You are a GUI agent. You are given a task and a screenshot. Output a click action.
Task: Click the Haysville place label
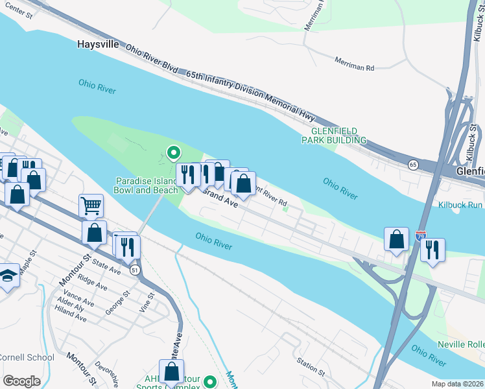(98, 45)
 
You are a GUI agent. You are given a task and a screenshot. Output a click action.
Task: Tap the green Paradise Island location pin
(173, 153)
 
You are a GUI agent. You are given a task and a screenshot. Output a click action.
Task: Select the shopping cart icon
(91, 206)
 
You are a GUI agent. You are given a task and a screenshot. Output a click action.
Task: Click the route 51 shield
(134, 270)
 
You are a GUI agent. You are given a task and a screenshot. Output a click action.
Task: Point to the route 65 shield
(414, 165)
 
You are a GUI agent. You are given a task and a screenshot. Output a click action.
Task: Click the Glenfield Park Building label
(335, 136)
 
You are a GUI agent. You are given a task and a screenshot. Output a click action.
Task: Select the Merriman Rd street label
(355, 63)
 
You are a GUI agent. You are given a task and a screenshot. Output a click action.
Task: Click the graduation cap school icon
(8, 276)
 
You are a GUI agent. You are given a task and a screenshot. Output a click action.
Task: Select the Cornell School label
(27, 357)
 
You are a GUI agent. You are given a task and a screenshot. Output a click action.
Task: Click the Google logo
(21, 381)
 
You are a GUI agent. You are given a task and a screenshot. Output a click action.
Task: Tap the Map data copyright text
(458, 384)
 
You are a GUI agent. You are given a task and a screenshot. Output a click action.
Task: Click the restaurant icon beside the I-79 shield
(432, 249)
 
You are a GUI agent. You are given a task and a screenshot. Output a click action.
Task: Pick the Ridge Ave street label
(93, 283)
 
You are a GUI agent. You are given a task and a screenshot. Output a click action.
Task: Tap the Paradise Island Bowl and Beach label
(146, 185)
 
